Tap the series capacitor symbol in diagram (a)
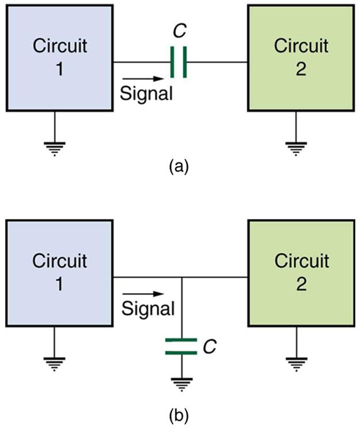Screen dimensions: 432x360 tap(179, 62)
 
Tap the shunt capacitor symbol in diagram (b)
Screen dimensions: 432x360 tap(181, 345)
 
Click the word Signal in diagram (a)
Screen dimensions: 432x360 tap(146, 93)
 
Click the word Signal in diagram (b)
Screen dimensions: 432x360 tap(147, 309)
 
